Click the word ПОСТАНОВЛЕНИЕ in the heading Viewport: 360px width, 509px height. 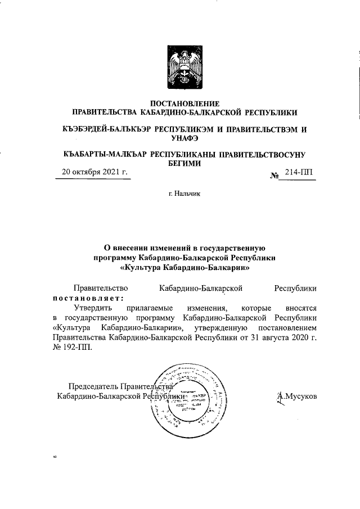pyautogui.click(x=185, y=103)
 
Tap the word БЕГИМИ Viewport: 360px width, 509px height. pyautogui.click(x=185, y=163)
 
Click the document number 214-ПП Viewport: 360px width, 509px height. pyautogui.click(x=300, y=173)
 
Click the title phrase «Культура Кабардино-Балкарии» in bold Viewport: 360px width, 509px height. pyautogui.click(x=185, y=268)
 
